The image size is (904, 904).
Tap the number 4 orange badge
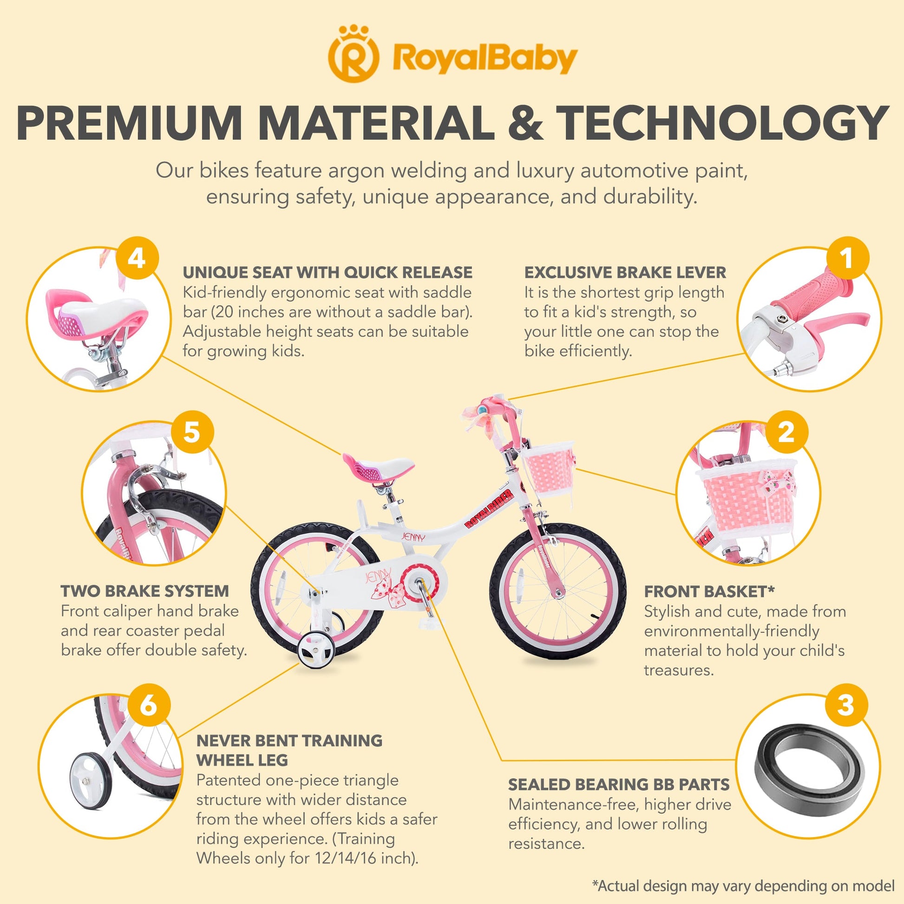pos(137,259)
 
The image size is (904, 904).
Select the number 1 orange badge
pos(847,259)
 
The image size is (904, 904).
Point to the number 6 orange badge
pos(149,705)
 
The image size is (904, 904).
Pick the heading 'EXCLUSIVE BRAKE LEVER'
pos(625,272)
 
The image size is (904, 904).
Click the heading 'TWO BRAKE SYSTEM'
pos(145,591)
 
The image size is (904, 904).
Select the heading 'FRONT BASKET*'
pos(709,591)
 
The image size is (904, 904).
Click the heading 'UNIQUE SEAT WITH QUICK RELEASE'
pos(328,272)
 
